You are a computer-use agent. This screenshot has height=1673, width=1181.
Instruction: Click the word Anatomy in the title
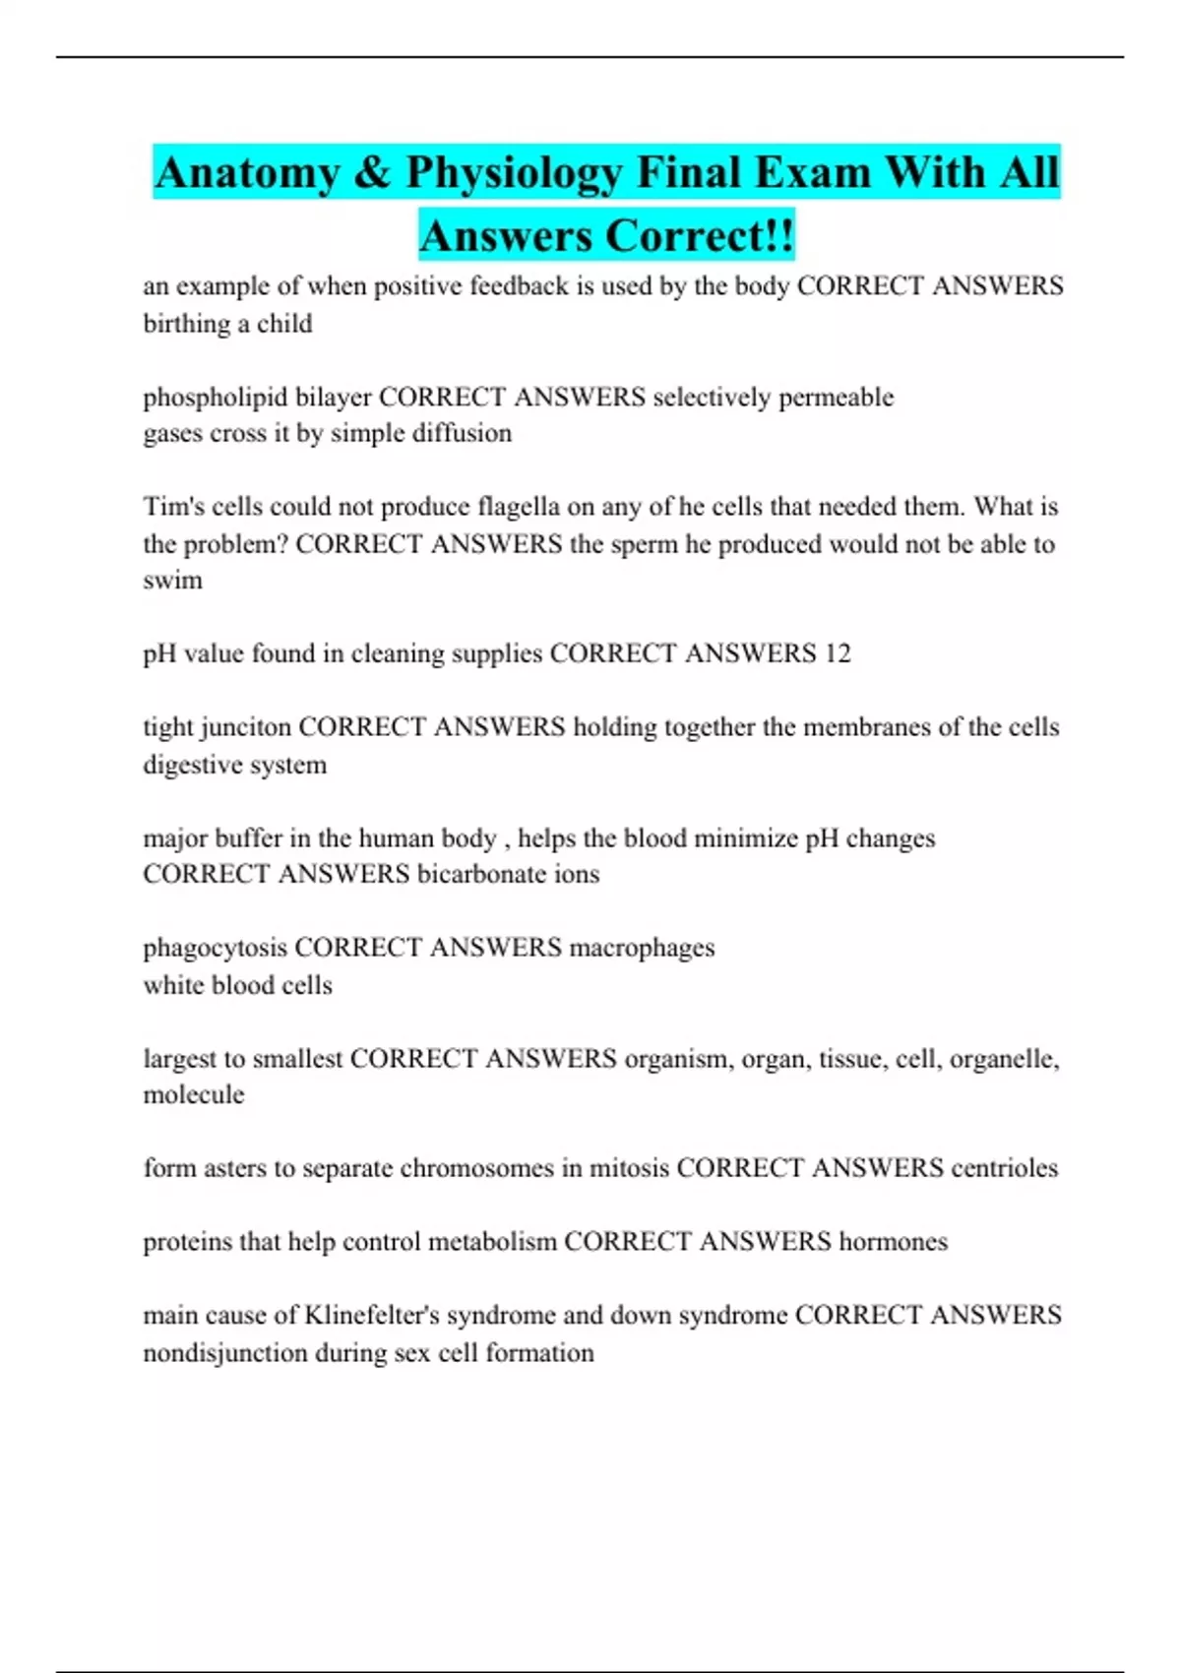click(x=247, y=173)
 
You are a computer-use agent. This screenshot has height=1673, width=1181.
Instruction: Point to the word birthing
click(x=185, y=324)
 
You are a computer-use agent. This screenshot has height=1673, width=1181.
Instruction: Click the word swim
click(x=172, y=581)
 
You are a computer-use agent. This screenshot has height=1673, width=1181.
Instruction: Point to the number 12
click(x=837, y=653)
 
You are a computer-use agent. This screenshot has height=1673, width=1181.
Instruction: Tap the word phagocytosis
click(x=216, y=948)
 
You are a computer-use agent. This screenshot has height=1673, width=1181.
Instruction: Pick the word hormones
click(x=893, y=1242)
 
